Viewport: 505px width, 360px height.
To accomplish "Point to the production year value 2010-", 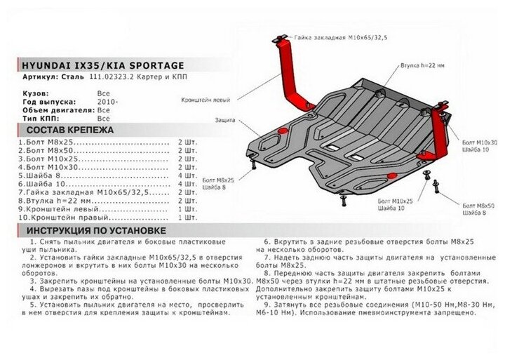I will [107, 101].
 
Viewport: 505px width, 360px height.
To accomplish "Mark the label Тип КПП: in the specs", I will [34, 119].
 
